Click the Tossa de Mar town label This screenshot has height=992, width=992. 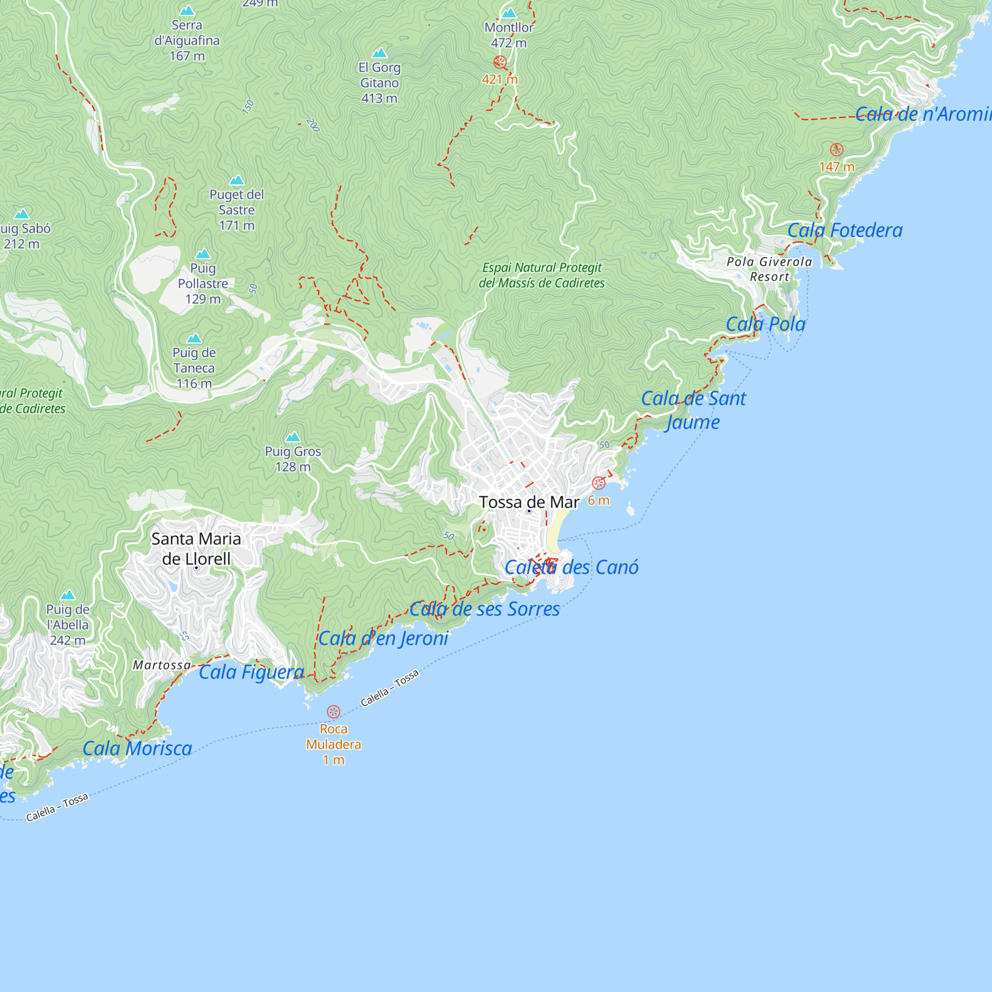click(529, 501)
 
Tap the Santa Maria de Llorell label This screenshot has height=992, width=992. click(196, 549)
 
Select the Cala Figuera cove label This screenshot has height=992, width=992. click(251, 672)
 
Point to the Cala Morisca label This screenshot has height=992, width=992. click(137, 748)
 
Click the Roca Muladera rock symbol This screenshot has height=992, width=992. click(333, 712)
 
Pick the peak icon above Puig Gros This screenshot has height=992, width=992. click(293, 437)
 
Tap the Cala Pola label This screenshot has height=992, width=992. click(765, 324)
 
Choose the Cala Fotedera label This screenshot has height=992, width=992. click(845, 230)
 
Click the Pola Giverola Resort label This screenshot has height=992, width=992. click(769, 269)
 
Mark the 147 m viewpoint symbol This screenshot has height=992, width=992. click(836, 149)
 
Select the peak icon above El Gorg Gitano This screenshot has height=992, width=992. click(379, 53)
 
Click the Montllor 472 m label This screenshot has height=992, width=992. click(508, 35)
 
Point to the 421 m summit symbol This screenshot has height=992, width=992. click(499, 62)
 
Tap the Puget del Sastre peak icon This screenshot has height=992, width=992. click(236, 180)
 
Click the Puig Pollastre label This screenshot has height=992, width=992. click(203, 283)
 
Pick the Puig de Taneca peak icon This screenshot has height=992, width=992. click(194, 338)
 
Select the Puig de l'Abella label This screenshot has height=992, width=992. click(68, 624)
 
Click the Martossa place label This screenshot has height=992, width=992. click(162, 665)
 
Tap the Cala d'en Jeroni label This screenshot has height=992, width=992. click(383, 638)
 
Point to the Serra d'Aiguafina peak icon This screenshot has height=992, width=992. click(187, 11)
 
